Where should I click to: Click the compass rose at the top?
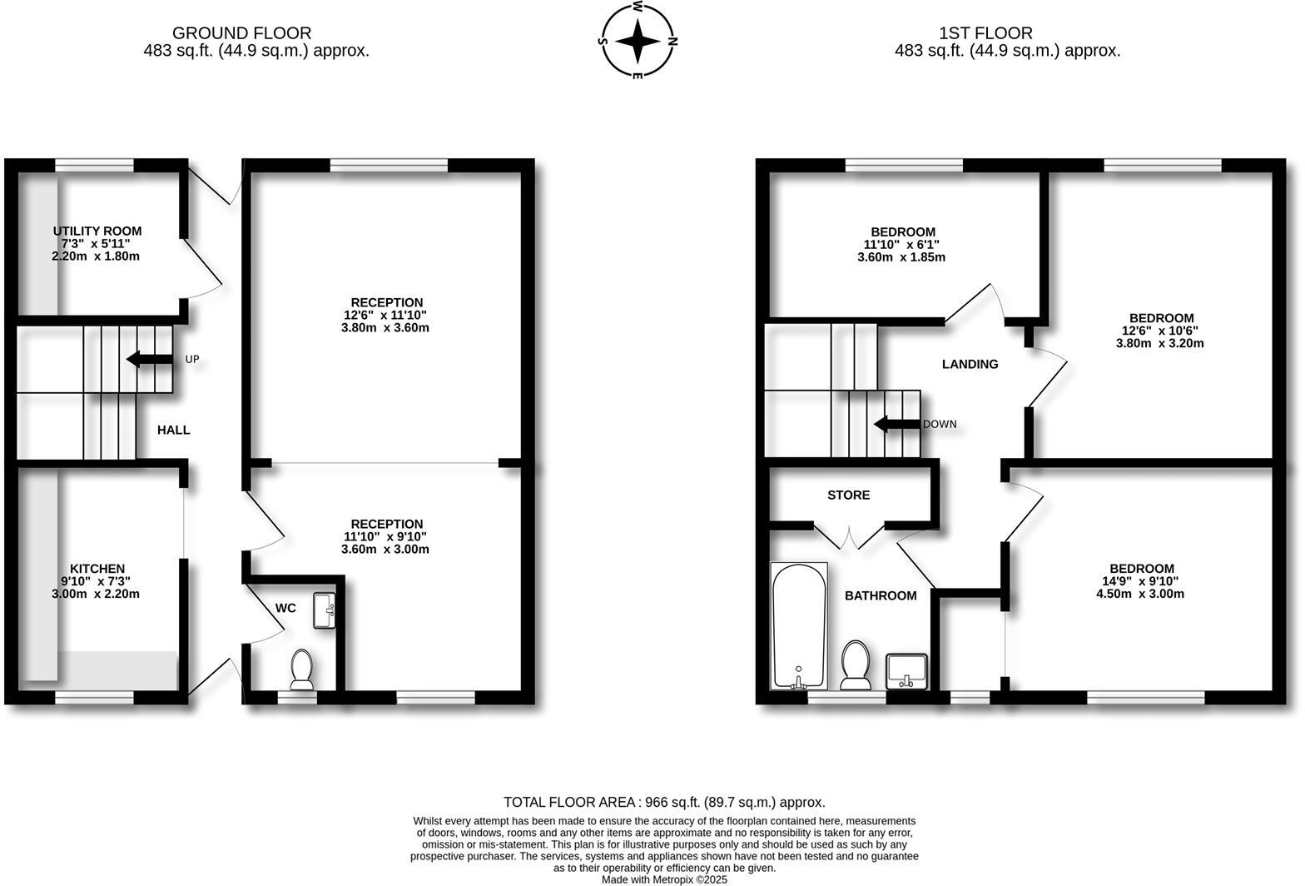[638, 40]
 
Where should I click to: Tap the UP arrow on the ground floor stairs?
[148, 360]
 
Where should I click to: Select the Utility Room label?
[97, 231]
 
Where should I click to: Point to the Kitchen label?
[97, 569]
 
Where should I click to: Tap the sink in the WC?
[324, 610]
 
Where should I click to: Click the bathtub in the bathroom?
[799, 626]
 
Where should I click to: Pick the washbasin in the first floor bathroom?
[906, 670]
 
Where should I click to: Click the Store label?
[849, 495]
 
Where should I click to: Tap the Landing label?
[970, 364]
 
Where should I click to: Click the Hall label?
[174, 430]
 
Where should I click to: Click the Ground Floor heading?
[241, 33]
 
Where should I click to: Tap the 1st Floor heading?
[985, 33]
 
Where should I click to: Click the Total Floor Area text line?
[664, 803]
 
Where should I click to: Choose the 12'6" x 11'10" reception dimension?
[387, 315]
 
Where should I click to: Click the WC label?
[285, 608]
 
